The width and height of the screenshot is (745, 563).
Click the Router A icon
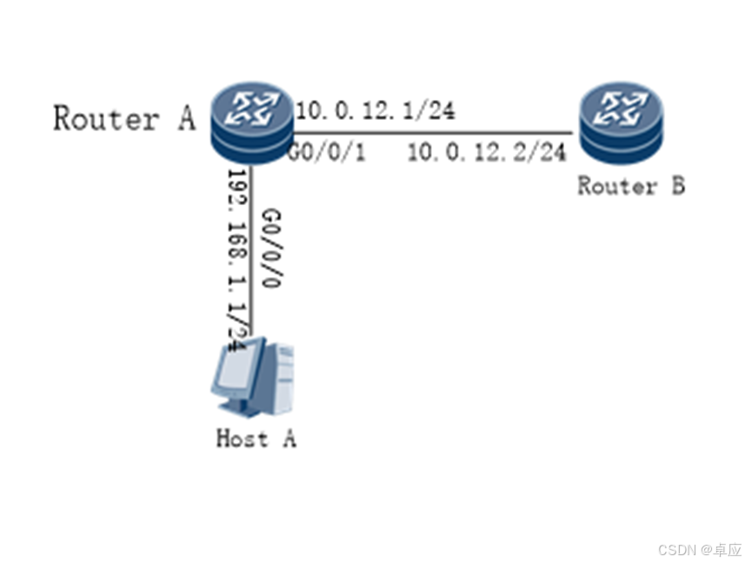[251, 124]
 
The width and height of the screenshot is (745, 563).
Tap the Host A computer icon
[252, 381]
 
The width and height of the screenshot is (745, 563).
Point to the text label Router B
[631, 185]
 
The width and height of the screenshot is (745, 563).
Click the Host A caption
[256, 438]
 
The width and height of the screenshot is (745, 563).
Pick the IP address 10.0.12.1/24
[376, 110]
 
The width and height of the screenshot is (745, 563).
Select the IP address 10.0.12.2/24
[487, 153]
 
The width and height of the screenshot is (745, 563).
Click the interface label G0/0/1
[326, 154]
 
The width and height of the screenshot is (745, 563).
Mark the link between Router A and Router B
[435, 133]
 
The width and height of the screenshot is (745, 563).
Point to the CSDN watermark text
[699, 550]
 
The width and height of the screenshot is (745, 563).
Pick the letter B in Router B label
[675, 185]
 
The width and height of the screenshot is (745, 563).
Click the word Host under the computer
[242, 438]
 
